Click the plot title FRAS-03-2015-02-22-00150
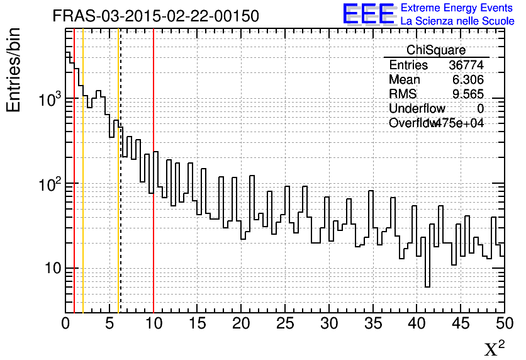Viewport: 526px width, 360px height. click(155, 16)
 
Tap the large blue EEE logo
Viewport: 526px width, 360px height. click(369, 14)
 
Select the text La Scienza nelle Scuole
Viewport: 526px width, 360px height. click(457, 21)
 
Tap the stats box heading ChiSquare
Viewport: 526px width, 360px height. click(435, 50)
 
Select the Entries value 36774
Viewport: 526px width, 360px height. click(466, 65)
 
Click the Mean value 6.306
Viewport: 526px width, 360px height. click(468, 80)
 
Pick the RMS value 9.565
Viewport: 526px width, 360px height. click(468, 94)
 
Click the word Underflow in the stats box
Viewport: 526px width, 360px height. click(417, 109)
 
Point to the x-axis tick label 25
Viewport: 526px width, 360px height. click(286, 323)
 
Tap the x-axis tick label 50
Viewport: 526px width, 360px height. click(504, 323)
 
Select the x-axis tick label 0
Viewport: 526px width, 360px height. click(66, 323)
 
